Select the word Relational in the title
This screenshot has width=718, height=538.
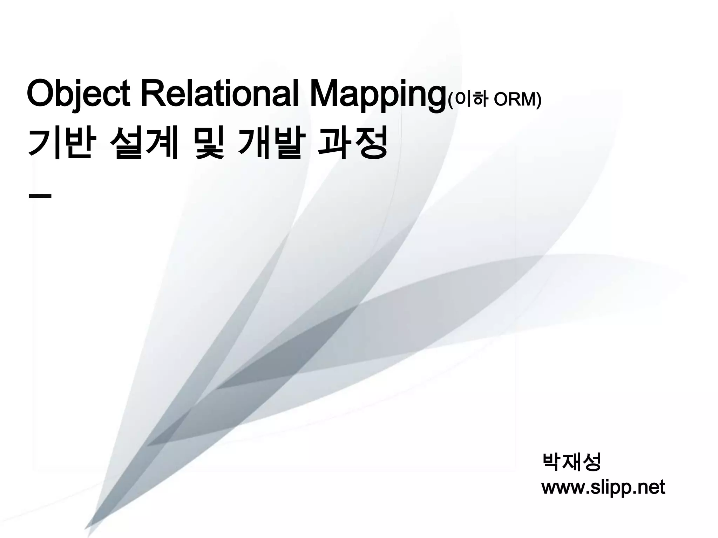pos(220,95)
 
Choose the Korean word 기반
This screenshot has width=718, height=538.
pos(62,143)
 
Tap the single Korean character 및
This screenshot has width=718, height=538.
pos(209,143)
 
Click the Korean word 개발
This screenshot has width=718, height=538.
pos(269,143)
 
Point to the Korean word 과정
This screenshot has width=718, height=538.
pos(352,143)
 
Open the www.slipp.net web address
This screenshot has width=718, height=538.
pos(603,487)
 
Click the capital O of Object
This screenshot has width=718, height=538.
pos(41,95)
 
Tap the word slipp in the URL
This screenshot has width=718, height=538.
pos(610,487)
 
